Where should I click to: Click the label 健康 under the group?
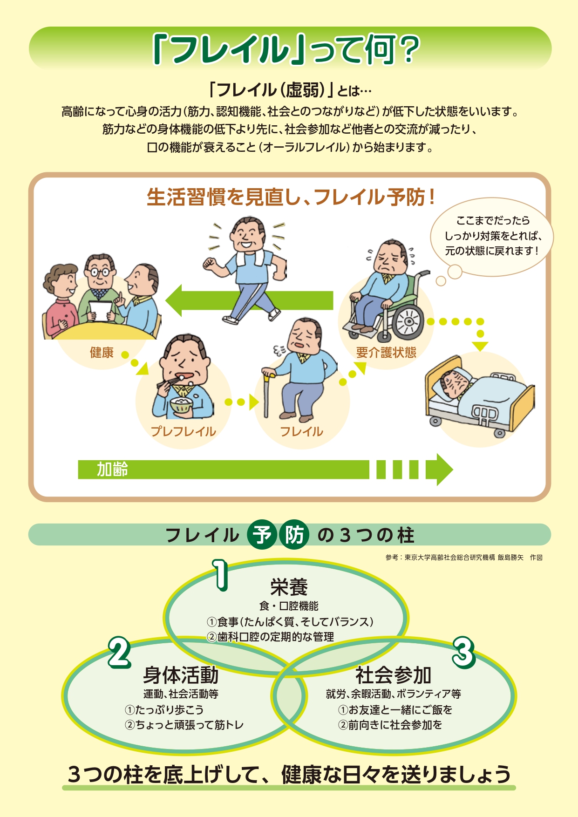click(102, 353)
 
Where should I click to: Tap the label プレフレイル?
click(184, 431)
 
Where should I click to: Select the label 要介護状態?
click(386, 353)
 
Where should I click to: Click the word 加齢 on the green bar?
click(112, 470)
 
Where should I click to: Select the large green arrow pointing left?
click(249, 300)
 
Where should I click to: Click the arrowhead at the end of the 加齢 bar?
click(439, 470)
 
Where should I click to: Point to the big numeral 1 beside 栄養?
click(221, 575)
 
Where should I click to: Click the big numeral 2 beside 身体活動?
click(120, 652)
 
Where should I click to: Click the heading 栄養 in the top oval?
click(289, 587)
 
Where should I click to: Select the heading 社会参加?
click(394, 674)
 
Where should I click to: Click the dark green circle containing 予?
click(262, 534)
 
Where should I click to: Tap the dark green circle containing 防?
click(294, 534)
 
